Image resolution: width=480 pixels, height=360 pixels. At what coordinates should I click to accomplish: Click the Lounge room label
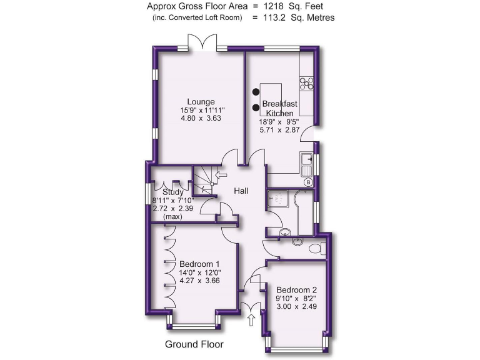pyautogui.click(x=201, y=102)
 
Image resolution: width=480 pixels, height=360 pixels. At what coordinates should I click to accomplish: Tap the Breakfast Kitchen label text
pyautogui.click(x=279, y=108)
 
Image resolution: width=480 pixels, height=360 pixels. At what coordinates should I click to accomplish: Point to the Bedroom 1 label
pyautogui.click(x=199, y=264)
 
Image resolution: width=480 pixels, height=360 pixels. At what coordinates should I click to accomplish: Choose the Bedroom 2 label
pyautogui.click(x=297, y=290)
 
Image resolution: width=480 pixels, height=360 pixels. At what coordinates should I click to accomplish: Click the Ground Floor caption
pyautogui.click(x=194, y=344)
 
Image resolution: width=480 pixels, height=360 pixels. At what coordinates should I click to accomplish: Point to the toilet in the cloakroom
pyautogui.click(x=316, y=249)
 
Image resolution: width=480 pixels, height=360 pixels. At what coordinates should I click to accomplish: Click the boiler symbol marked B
pyautogui.click(x=308, y=182)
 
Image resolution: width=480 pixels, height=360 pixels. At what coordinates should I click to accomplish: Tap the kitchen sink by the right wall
pyautogui.click(x=307, y=163)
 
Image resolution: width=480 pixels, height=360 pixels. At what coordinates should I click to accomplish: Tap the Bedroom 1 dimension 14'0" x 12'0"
pyautogui.click(x=200, y=272)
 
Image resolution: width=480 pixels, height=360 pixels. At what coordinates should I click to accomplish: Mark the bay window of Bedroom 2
pyautogui.click(x=297, y=347)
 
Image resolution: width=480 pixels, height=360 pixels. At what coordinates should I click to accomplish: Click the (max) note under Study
pyautogui.click(x=172, y=216)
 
